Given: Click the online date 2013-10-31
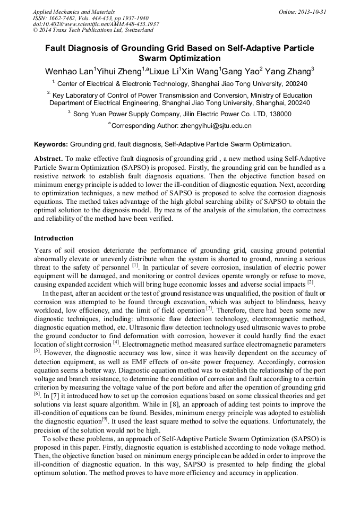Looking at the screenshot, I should click(x=312, y=12).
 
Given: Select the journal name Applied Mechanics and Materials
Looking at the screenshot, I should click(x=73, y=12).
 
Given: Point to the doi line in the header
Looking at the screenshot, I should click(x=96, y=24).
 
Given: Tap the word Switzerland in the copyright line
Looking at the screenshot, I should click(x=132, y=31).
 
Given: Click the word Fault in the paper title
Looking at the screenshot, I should click(x=57, y=48).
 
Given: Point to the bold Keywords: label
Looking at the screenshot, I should click(x=51, y=144).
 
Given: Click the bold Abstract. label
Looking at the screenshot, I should click(x=48, y=159).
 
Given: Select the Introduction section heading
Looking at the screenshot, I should click(x=54, y=238).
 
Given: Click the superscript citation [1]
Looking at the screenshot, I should click(x=135, y=265).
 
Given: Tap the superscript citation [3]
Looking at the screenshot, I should click(x=209, y=308).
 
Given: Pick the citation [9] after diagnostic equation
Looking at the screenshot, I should click(x=105, y=419).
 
